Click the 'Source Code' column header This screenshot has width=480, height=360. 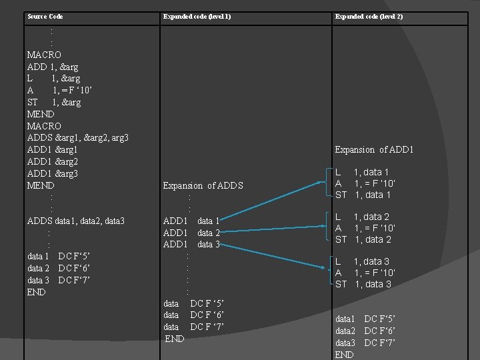45,16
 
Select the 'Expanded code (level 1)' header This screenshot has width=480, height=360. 197,16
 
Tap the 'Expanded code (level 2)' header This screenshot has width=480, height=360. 369,16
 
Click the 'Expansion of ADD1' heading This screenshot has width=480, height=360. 374,149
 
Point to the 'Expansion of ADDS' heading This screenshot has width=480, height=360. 203,185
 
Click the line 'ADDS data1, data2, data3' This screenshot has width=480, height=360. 75,221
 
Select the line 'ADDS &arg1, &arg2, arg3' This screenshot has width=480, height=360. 77,138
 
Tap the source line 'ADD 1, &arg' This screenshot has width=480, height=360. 53,67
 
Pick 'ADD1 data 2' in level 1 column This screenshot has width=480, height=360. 191,233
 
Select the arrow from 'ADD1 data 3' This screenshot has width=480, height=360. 277,257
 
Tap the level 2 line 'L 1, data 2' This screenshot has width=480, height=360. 362,217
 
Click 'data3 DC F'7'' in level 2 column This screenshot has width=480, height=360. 365,343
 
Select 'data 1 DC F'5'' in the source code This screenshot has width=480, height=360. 58,256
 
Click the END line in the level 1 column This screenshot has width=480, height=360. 175,339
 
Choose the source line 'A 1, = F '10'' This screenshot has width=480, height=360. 59,90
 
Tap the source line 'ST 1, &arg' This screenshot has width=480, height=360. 53,102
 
